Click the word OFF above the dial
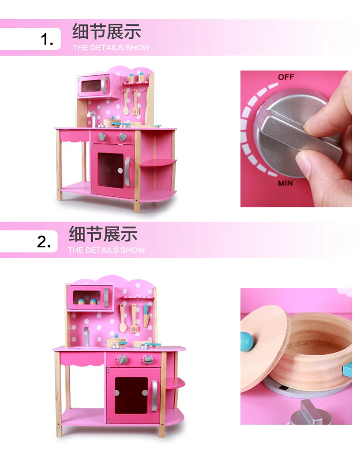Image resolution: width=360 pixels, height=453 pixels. tap(286, 77)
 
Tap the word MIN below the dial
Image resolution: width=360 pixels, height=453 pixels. tap(285, 183)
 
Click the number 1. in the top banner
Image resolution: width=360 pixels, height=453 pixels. tap(47, 39)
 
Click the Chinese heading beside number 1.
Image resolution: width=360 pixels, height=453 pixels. tap(107, 31)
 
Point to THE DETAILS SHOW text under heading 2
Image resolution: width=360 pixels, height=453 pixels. tap(107, 250)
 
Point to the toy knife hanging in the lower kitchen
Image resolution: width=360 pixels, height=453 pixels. tap(146, 316)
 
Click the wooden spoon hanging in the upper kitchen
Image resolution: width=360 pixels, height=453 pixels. tap(126, 102)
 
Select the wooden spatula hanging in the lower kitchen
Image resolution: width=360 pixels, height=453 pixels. tap(134, 318)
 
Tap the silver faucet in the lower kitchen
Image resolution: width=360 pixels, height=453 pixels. tap(86, 336)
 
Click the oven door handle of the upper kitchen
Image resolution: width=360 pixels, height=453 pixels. tap(127, 172)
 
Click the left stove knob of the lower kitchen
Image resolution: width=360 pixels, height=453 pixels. tap(122, 360)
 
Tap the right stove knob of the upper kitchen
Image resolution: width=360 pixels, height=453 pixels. tap(123, 137)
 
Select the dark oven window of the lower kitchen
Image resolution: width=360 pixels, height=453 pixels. tap(131, 395)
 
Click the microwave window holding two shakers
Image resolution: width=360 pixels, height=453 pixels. tap(87, 298)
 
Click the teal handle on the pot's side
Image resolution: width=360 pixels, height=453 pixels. tap(347, 370)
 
